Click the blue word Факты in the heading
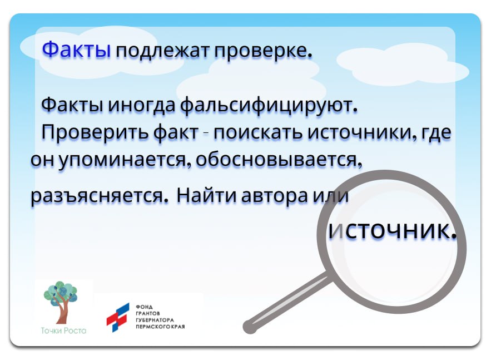coord(77,50)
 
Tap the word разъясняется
coord(100,196)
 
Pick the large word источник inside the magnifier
coord(393,230)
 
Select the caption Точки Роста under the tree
coord(63,331)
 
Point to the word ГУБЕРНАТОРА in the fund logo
coord(155,320)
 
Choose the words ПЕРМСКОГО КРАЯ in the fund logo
coord(161,326)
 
